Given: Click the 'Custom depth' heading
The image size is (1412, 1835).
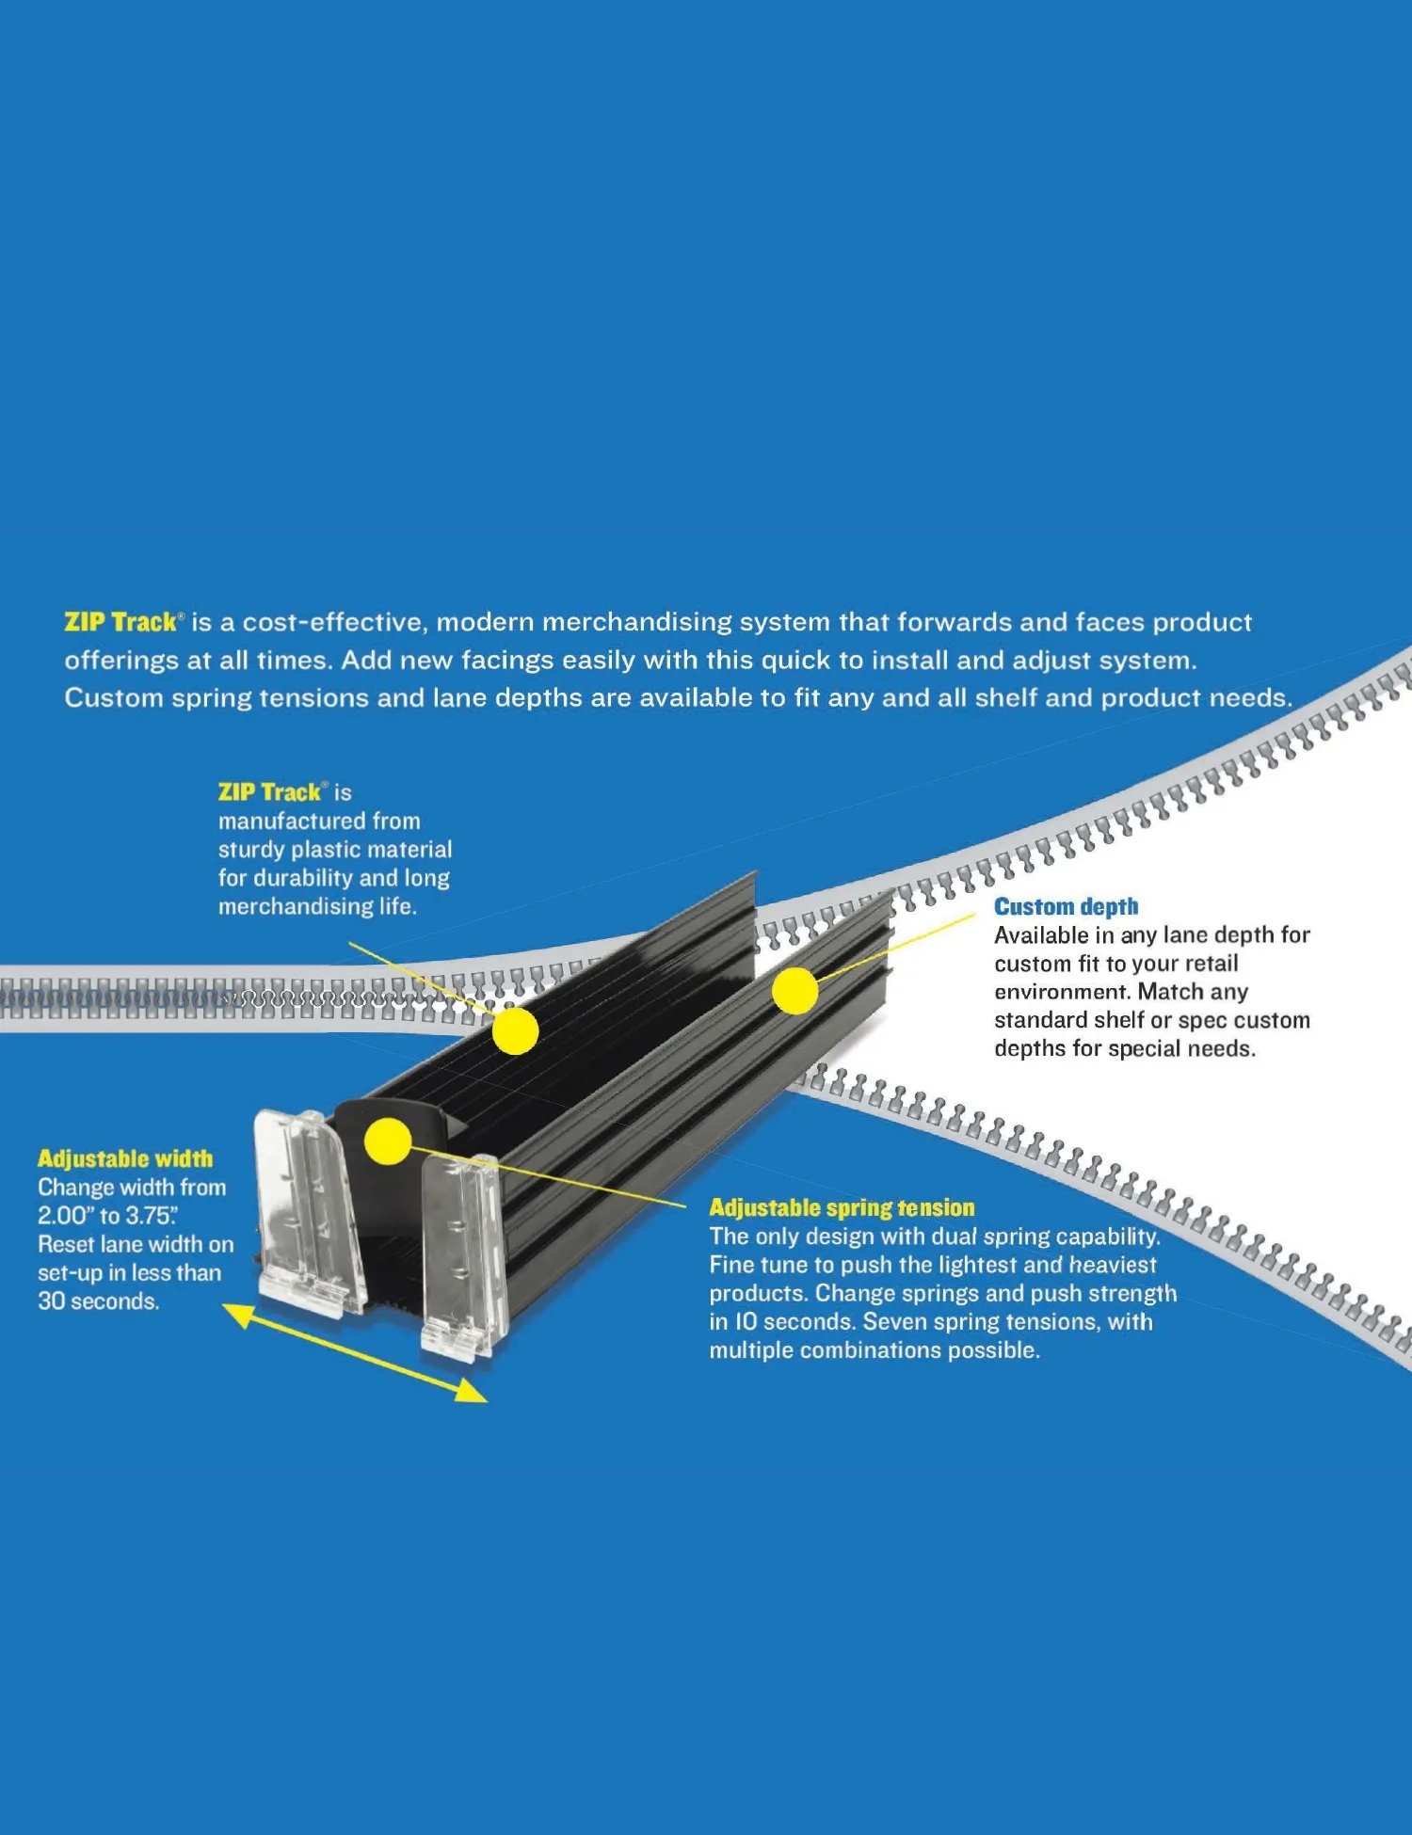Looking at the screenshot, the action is click(1066, 907).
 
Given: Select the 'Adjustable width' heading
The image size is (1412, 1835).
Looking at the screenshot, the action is click(125, 1159).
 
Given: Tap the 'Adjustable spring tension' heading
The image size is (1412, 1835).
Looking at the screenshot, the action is click(842, 1208).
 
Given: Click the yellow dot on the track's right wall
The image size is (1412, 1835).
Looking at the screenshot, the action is click(795, 991).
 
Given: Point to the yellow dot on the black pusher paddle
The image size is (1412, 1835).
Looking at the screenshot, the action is click(387, 1141).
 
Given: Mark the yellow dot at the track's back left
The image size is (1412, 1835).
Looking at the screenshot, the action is click(516, 1030).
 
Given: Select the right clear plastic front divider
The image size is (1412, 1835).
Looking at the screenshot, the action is click(461, 1256).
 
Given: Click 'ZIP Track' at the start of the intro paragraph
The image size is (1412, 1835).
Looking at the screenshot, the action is click(121, 623).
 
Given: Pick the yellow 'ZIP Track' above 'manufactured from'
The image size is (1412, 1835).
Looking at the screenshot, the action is click(270, 792).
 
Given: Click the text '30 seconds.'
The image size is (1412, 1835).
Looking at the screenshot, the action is click(99, 1301).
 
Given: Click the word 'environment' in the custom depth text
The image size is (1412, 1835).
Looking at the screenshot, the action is click(1061, 992).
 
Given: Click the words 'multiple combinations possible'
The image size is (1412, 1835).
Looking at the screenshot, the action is click(874, 1350).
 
